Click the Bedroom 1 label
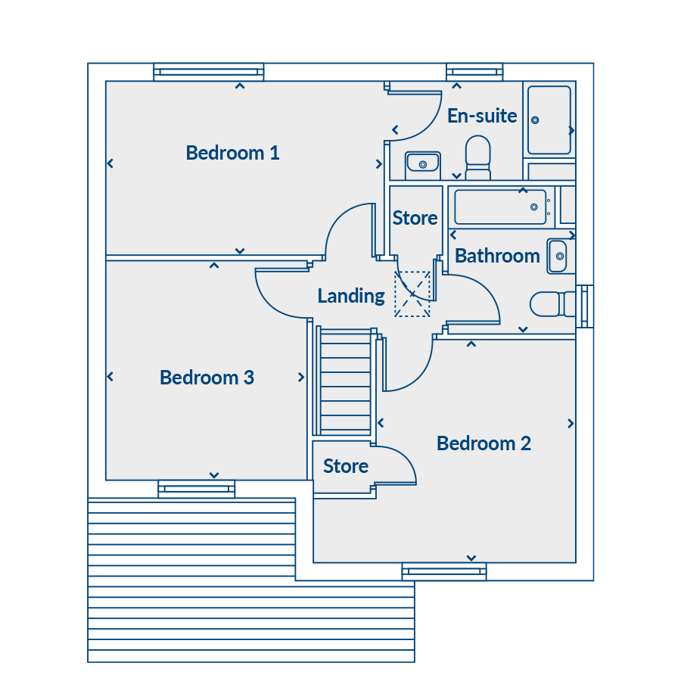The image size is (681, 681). pos(232,153)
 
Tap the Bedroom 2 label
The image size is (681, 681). pos(484,443)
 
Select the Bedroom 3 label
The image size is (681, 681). pos(207,378)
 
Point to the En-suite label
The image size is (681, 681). pos(482,116)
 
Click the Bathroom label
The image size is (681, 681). pos(497,256)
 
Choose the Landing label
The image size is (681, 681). pos(351,296)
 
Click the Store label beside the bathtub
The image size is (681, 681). pos(415,218)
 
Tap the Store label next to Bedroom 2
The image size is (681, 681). pos(346,466)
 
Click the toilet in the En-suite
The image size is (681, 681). pos(477,157)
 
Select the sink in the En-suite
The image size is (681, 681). pos(422,164)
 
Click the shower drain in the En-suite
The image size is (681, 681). pos(535,120)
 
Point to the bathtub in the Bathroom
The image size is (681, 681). pos(500,207)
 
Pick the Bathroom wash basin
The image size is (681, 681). pos(558,257)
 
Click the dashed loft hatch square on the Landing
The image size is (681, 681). pos(412,294)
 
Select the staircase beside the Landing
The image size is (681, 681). pos(345,381)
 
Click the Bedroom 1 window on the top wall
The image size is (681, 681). pos(209,72)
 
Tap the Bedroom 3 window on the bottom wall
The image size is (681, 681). pos(196,489)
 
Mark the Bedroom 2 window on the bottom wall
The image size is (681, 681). pos(444,571)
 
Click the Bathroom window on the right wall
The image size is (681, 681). pos(585,306)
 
